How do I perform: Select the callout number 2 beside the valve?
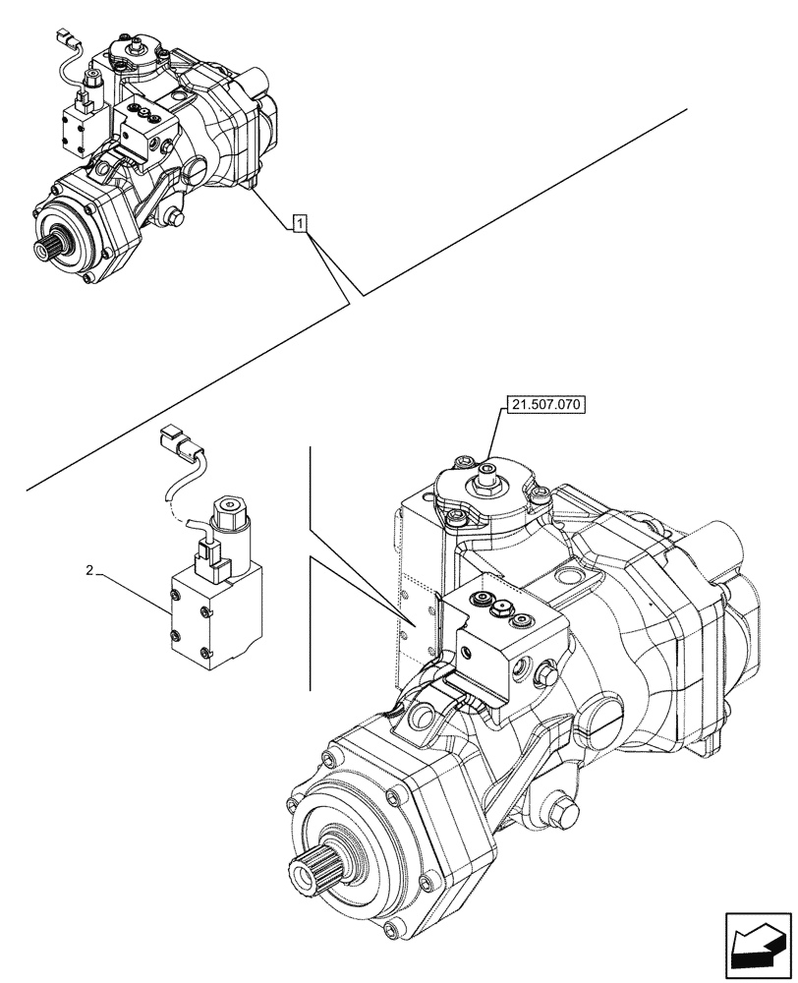[89, 570]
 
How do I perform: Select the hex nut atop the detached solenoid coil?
[226, 508]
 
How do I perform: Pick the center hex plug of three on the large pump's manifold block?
[501, 609]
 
